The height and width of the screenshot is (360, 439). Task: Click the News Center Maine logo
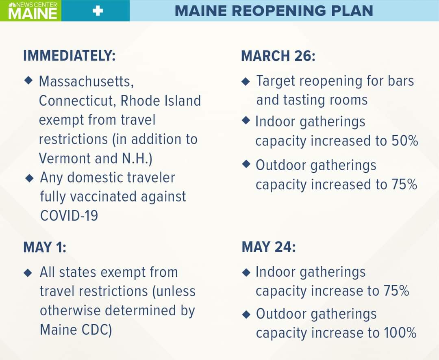click(x=33, y=11)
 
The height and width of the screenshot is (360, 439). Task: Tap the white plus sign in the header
click(x=98, y=11)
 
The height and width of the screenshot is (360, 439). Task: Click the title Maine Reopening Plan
click(x=274, y=11)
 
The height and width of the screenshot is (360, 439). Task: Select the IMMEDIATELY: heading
click(x=69, y=55)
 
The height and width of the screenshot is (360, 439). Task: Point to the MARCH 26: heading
click(x=278, y=56)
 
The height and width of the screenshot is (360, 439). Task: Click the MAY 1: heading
click(x=45, y=247)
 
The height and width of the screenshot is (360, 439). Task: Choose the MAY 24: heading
click(x=269, y=247)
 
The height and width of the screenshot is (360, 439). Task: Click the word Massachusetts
click(x=86, y=81)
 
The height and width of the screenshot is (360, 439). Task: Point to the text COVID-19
click(x=69, y=216)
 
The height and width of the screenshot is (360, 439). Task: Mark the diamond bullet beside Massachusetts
click(x=28, y=80)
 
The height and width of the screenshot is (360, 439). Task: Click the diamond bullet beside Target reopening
click(x=246, y=81)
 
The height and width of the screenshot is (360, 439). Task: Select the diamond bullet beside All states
click(x=28, y=273)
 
